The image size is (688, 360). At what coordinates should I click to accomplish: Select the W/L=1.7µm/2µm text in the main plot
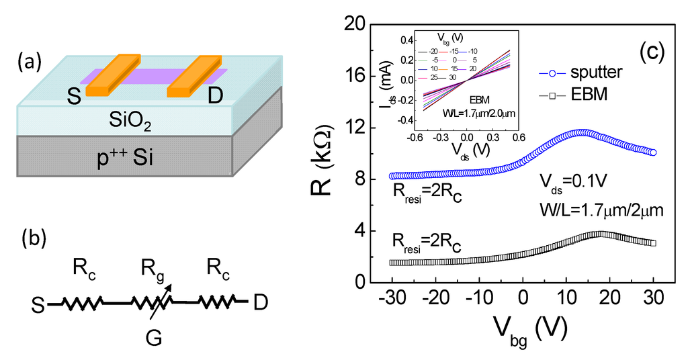[601, 209]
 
